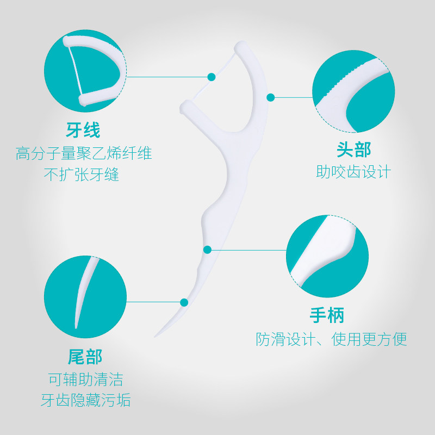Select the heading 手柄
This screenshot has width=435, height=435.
pyautogui.click(x=327, y=315)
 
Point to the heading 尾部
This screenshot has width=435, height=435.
pyautogui.click(x=85, y=357)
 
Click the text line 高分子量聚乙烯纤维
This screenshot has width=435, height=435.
pyautogui.click(x=84, y=154)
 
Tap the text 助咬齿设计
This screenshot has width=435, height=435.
pyautogui.click(x=353, y=172)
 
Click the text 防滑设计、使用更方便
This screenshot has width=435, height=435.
pyautogui.click(x=331, y=339)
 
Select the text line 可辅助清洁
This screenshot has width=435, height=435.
pyautogui.click(x=85, y=379)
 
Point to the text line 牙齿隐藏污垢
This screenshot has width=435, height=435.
pyautogui.click(x=85, y=401)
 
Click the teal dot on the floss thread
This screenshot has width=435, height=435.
pyautogui.click(x=212, y=77)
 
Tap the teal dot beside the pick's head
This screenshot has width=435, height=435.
pyautogui.click(x=270, y=97)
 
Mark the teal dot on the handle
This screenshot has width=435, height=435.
pyautogui.click(x=207, y=250)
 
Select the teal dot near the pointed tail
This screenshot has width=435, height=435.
pyautogui.click(x=184, y=302)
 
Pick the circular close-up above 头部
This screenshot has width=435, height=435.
pyautogui.click(x=353, y=91)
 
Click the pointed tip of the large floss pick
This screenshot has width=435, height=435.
pyautogui.click(x=156, y=335)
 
